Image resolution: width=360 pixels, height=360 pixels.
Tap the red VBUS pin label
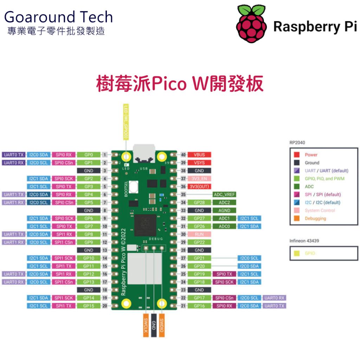[199, 155]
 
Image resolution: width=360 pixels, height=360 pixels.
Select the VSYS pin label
[199, 163]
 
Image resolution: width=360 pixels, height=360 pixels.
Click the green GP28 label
[199, 202]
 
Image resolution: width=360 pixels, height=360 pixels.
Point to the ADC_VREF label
[224, 194]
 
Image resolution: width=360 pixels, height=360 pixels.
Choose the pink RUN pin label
[199, 234]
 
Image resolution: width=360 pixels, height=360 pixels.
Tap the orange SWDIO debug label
[162, 325]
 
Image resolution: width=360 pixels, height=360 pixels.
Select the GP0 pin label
[89, 155]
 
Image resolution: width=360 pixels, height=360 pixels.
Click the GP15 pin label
[89, 306]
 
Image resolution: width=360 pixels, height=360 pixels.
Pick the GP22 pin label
[199, 242]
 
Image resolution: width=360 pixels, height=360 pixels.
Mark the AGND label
[224, 211]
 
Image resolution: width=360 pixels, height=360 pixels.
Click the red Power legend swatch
[297, 155]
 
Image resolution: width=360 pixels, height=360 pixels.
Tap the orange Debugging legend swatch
[297, 218]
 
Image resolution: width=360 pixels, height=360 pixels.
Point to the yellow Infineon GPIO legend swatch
[297, 253]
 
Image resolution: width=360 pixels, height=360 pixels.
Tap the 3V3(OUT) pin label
[199, 187]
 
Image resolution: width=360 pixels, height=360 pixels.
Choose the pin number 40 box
[183, 155]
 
